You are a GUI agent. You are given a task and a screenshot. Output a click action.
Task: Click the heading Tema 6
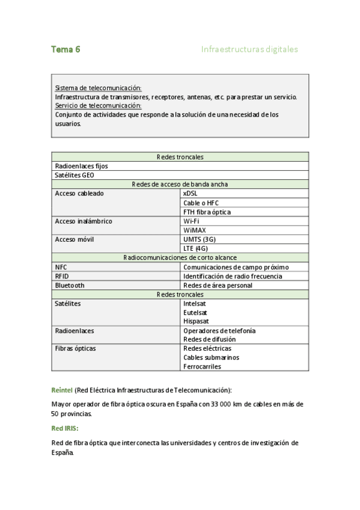click(66, 50)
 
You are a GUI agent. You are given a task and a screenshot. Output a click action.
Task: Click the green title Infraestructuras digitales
click(249, 50)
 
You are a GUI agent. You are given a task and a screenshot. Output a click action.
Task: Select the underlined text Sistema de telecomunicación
click(98, 88)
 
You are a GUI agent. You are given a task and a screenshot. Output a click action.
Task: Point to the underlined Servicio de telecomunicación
click(98, 105)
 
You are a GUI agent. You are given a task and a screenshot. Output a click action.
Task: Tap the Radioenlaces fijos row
click(81, 166)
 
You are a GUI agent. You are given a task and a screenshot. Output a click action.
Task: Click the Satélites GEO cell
click(75, 175)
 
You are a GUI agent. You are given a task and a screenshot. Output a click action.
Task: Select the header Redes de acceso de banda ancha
click(180, 184)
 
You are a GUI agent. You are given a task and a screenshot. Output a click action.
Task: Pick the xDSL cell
click(190, 194)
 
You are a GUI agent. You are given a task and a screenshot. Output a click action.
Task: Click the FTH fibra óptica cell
click(207, 212)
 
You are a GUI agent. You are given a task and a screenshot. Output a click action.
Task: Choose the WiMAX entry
click(195, 230)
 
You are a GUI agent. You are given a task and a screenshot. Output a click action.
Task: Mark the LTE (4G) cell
click(195, 248)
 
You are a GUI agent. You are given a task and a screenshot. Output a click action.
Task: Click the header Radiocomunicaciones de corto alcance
click(180, 257)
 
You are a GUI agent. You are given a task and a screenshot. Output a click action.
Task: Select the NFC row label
click(61, 266)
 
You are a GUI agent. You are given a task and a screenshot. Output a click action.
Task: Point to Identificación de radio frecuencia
click(232, 276)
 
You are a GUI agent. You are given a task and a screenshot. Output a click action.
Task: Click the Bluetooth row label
click(70, 285)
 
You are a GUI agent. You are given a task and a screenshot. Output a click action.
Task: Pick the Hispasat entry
click(197, 321)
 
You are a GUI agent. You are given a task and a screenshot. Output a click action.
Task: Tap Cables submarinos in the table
click(211, 357)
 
